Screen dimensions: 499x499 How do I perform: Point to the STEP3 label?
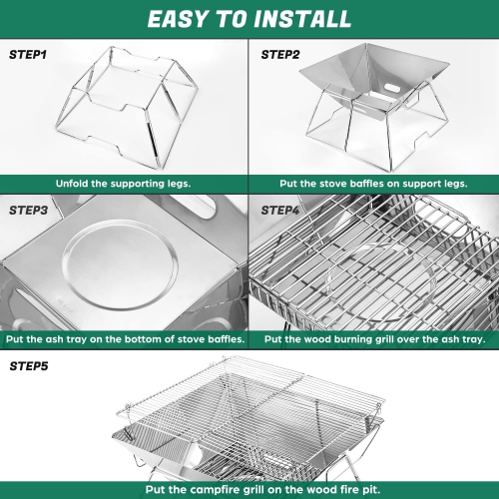click(29, 211)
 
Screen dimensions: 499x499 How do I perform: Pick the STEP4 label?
click(282, 211)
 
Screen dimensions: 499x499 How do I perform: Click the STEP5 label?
click(29, 366)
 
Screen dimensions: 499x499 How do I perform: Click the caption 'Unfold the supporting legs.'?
click(124, 185)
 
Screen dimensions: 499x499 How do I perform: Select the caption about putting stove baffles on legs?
click(374, 185)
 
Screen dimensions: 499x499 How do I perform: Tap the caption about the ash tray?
click(124, 339)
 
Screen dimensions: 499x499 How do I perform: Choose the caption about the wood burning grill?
click(374, 339)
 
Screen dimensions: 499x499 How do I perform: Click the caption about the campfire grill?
click(249, 489)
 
